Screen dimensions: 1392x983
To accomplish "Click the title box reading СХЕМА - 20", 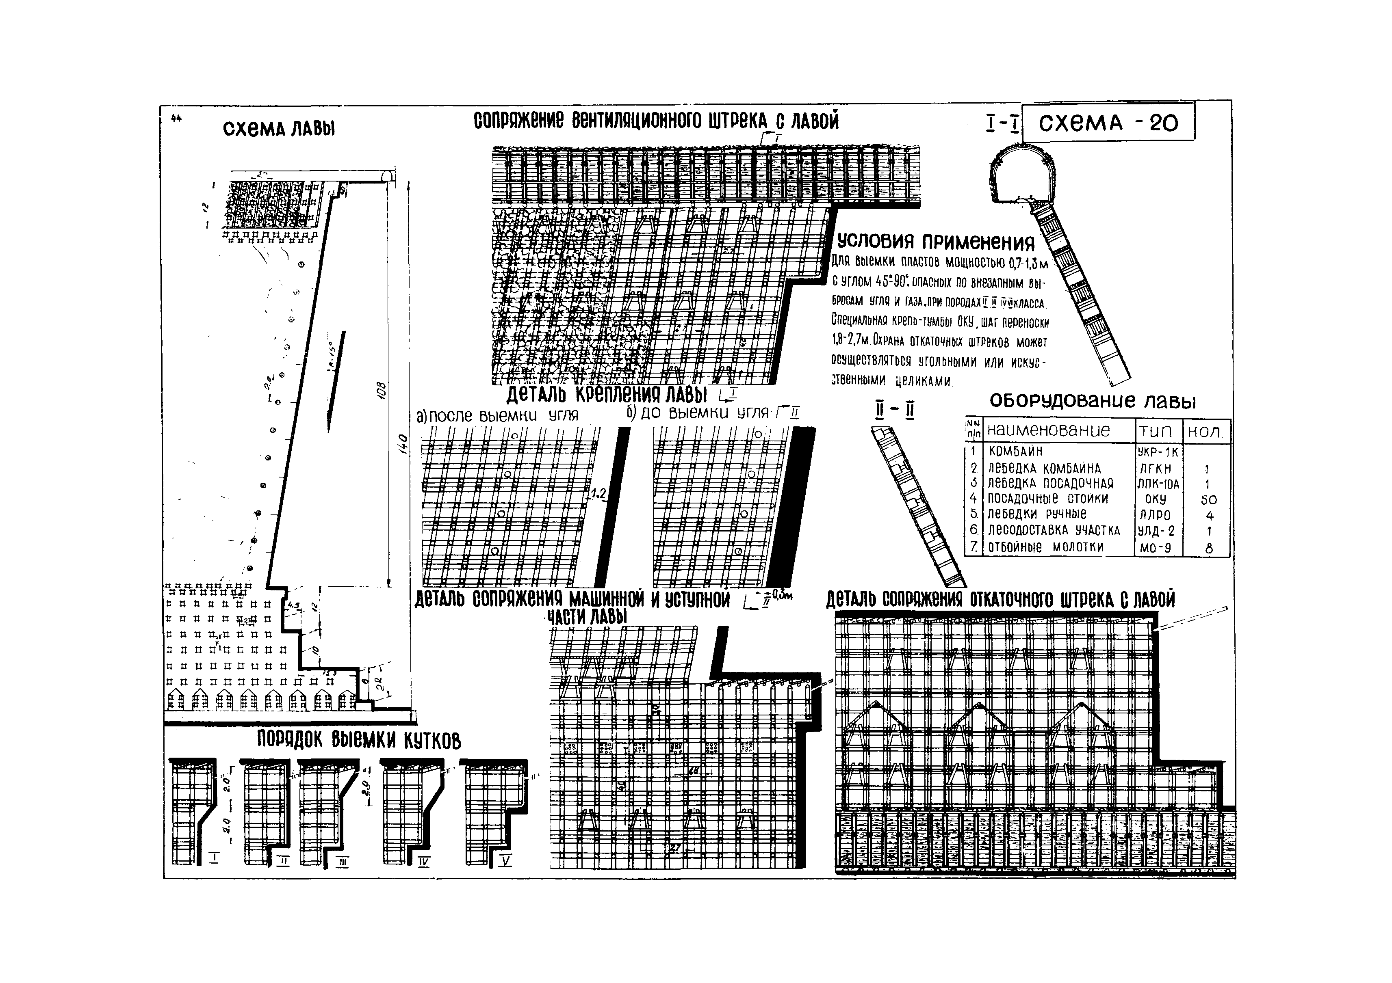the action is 1108,123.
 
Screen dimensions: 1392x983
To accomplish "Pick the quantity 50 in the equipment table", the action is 1208,500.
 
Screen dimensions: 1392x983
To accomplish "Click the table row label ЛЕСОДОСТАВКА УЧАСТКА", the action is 1054,531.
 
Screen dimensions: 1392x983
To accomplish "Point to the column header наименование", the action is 1049,430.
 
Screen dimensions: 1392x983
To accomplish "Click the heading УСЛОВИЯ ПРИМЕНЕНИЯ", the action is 935,242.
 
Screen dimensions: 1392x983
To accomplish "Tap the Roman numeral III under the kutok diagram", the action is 343,862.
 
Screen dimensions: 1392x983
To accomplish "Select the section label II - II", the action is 894,411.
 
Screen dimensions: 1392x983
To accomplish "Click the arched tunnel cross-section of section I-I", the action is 1022,176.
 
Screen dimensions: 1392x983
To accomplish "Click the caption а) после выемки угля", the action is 497,416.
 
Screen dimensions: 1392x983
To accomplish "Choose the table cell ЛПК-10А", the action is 1158,484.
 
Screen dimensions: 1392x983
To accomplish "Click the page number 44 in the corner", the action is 176,119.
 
